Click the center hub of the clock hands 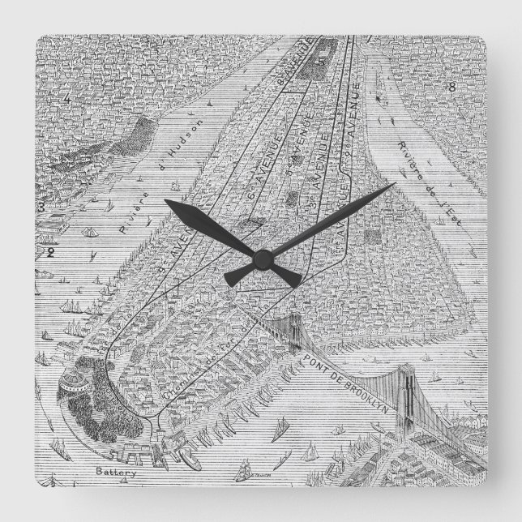coord(262,259)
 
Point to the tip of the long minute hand coord(395,185)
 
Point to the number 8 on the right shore coord(452,87)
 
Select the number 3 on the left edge coord(39,208)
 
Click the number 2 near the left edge coord(50,252)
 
